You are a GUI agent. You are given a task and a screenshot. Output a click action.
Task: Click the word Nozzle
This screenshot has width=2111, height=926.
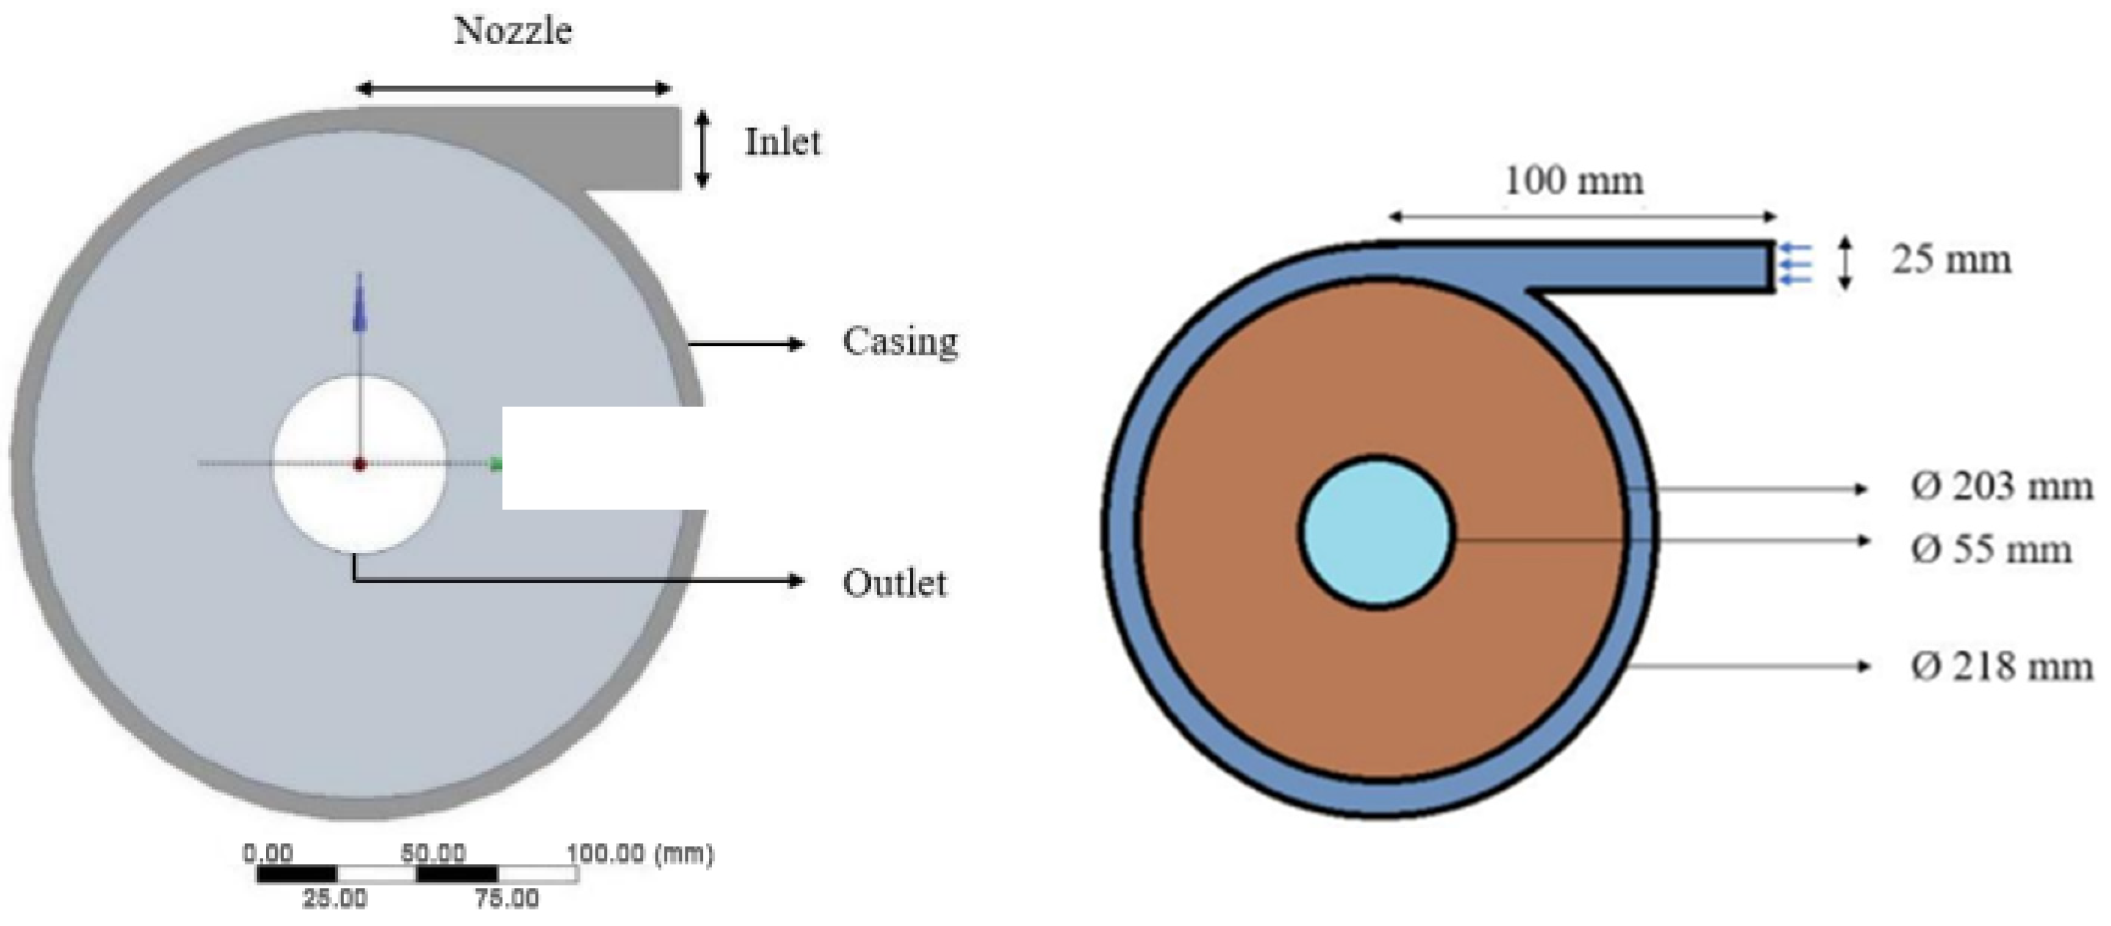[513, 31]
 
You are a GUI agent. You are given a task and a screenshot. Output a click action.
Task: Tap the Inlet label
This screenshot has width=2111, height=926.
[782, 142]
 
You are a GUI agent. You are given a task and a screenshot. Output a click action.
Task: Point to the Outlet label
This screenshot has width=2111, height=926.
[894, 583]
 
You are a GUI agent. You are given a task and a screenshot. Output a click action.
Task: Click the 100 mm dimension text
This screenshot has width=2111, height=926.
[1573, 180]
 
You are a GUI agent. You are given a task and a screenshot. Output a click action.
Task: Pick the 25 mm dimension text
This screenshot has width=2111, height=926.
[1951, 260]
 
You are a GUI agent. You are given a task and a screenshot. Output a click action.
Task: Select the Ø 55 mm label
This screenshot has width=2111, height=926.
[1991, 549]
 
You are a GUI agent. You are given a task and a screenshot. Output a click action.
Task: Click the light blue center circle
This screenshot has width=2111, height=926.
[1376, 532]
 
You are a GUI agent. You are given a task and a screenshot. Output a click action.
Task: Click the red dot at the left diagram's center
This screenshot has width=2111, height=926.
[359, 465]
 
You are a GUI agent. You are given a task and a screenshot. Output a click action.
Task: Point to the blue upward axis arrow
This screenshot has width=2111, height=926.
[359, 303]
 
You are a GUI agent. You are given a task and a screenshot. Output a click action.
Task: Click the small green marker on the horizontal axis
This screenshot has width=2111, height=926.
[495, 465]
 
